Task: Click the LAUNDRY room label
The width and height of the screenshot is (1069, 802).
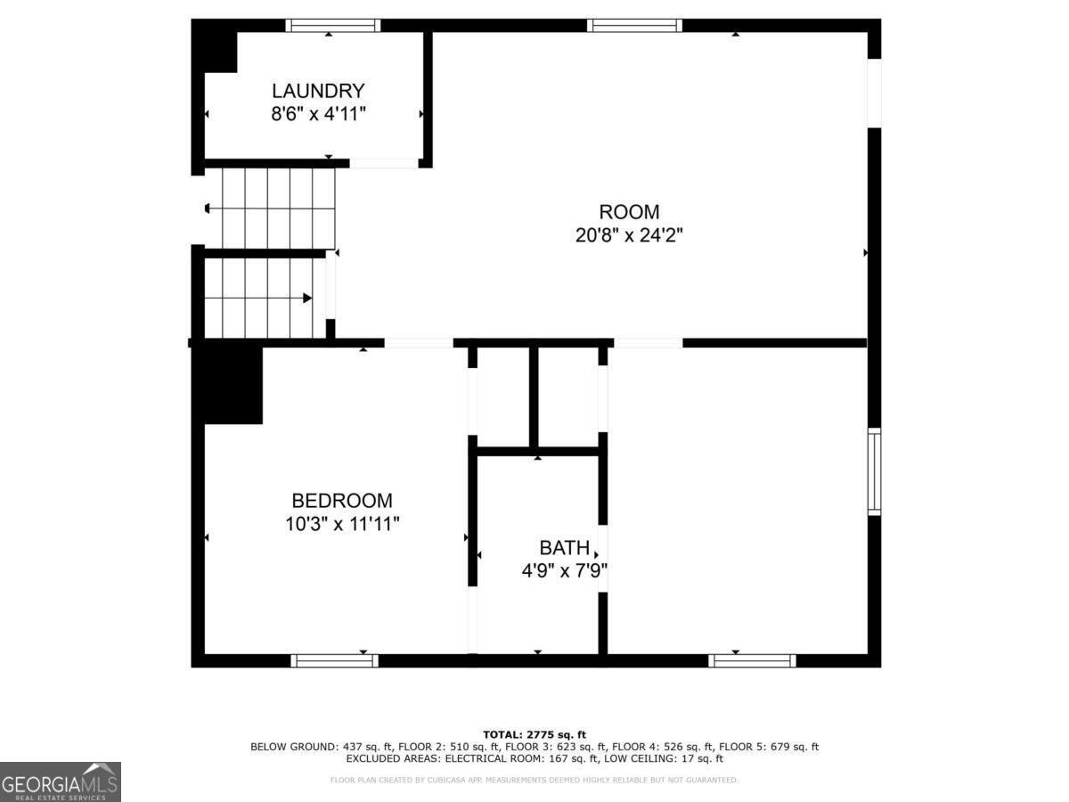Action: (318, 91)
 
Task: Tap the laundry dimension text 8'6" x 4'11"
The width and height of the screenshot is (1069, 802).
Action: (318, 114)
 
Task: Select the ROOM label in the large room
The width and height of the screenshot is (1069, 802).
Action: (629, 212)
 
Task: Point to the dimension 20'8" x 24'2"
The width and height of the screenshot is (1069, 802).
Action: (629, 235)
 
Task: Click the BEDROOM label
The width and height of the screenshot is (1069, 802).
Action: (342, 501)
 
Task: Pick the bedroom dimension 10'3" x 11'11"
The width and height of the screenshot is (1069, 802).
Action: (342, 524)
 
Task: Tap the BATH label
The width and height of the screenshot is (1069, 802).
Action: (563, 547)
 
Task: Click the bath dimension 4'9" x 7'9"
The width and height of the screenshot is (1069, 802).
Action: (564, 570)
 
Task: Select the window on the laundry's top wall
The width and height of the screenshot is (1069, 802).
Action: (332, 26)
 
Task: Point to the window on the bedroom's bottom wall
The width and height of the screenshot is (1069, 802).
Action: (335, 660)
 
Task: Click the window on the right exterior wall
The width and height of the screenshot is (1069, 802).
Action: (874, 471)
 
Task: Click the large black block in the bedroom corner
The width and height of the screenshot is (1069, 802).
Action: (229, 385)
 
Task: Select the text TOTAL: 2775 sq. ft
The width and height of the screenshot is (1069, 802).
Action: (534, 733)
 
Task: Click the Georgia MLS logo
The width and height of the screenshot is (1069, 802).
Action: (60, 782)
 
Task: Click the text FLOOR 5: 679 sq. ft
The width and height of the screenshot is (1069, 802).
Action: (769, 747)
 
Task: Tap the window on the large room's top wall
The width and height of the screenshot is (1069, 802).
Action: (634, 26)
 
